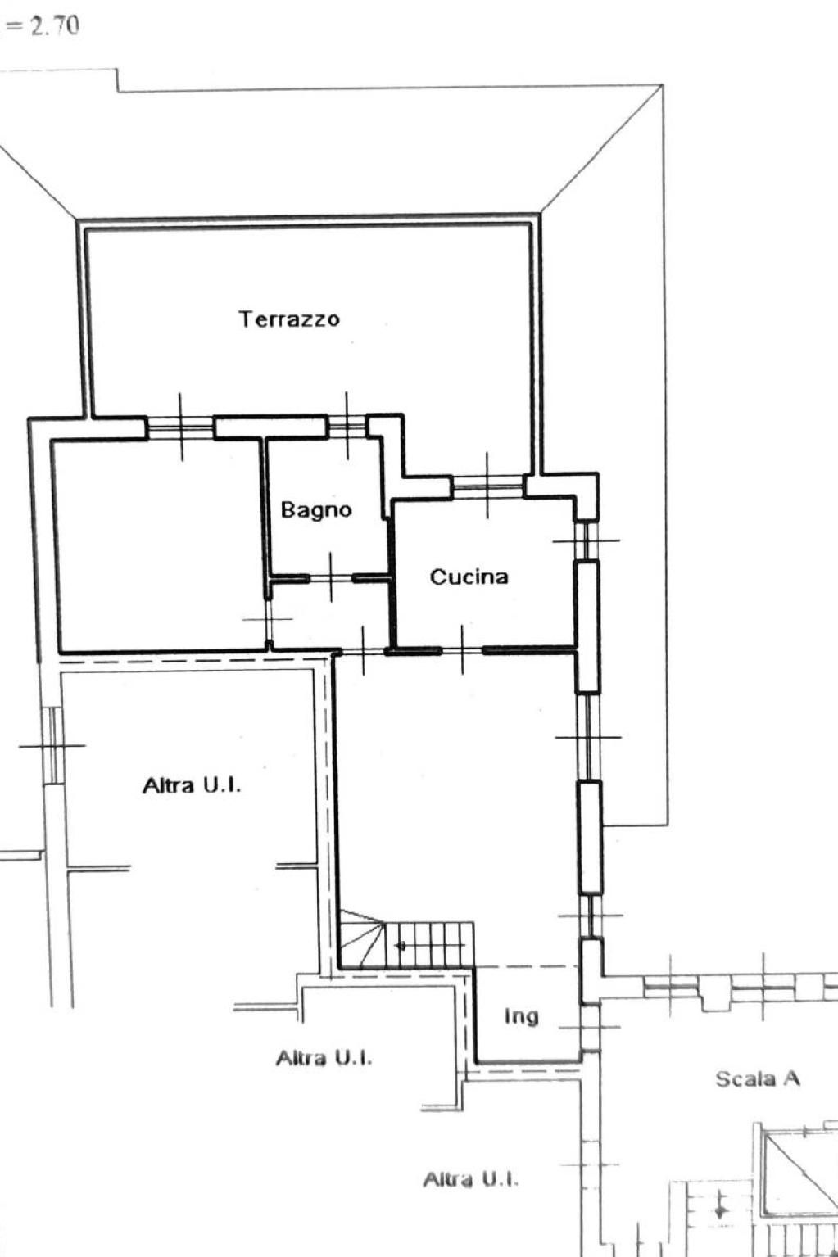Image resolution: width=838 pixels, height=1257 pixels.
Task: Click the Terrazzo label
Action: (x=290, y=319)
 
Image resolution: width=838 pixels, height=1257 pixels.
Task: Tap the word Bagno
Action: (x=316, y=510)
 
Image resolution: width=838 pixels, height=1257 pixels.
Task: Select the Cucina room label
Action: (x=469, y=577)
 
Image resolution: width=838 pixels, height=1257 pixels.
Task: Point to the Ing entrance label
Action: (x=522, y=1016)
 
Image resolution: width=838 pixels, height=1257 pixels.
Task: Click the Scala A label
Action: (x=758, y=1078)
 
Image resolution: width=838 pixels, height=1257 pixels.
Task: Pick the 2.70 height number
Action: (x=54, y=26)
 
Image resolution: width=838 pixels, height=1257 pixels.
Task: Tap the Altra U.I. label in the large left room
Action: (x=192, y=785)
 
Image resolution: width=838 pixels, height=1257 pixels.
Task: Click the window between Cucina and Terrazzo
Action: (x=487, y=485)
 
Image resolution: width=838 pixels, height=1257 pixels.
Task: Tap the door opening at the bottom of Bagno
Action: (x=331, y=578)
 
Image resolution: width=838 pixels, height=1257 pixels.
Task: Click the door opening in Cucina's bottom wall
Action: (x=463, y=650)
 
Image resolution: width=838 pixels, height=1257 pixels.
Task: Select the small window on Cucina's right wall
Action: (x=587, y=540)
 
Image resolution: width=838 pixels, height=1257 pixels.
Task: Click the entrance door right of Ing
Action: (x=590, y=1027)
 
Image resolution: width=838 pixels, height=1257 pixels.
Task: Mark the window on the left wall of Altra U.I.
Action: (x=52, y=745)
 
